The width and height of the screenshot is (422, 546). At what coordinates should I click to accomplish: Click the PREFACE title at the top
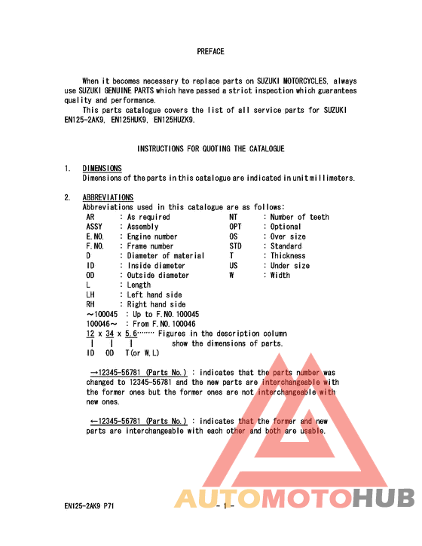point(210,52)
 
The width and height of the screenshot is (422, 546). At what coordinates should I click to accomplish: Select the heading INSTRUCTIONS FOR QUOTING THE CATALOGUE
point(210,149)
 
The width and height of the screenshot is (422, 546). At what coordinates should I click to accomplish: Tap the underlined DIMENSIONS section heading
point(102,168)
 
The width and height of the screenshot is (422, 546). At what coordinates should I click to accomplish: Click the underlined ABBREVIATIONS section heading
point(108,197)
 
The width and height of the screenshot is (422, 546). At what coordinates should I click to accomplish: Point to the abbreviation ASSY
point(94,227)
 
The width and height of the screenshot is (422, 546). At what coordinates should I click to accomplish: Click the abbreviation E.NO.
point(95,236)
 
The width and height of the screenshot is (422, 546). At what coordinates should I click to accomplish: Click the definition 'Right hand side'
point(156,305)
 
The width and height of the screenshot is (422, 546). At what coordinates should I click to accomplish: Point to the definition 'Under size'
point(290,266)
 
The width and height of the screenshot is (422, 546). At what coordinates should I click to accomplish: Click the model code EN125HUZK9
point(173,120)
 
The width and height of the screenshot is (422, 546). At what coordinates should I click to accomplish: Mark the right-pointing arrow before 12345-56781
point(96,373)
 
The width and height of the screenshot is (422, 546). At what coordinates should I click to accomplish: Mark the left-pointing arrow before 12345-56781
point(96,422)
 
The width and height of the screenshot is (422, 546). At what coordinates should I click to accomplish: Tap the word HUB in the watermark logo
point(384,499)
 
